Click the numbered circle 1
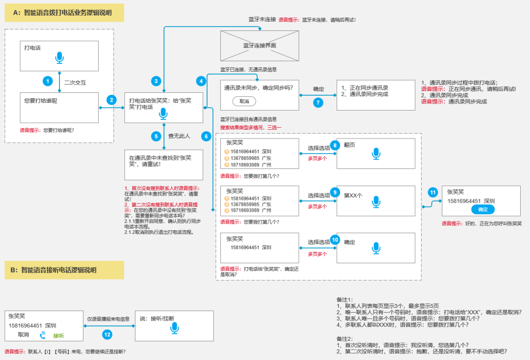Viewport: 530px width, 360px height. [x=48, y=81]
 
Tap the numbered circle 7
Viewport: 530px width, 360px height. [x=318, y=102]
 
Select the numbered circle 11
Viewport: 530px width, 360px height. [x=432, y=192]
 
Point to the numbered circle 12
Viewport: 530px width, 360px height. [x=107, y=334]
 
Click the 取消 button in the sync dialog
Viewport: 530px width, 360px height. [x=244, y=101]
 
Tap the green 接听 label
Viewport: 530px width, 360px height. [x=59, y=335]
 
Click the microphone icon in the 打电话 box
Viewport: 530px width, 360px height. [x=59, y=57]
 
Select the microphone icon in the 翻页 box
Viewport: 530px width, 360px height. [x=376, y=154]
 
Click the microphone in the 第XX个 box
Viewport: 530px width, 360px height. [x=376, y=201]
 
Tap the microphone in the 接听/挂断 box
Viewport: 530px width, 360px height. [x=175, y=328]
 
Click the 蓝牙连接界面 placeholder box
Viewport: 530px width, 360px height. [x=260, y=45]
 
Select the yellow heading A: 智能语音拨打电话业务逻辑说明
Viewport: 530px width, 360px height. [x=64, y=13]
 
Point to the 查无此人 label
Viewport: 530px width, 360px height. [x=179, y=136]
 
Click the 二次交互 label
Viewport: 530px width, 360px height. [x=75, y=82]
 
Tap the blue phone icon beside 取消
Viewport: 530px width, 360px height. [x=43, y=335]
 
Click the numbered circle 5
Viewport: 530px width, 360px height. [x=156, y=136]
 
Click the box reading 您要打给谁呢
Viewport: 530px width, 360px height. [x=59, y=108]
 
